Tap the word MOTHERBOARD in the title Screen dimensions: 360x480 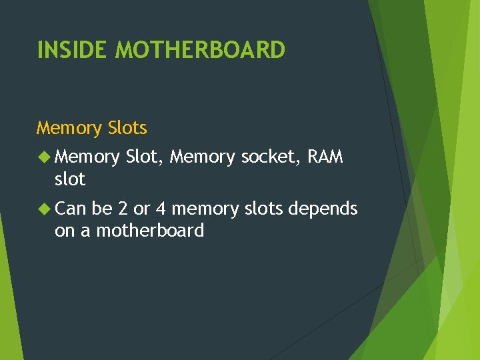(x=200, y=49)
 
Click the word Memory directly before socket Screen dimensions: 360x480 (x=202, y=158)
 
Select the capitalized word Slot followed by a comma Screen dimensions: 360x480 (x=145, y=158)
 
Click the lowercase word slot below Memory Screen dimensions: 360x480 (x=70, y=179)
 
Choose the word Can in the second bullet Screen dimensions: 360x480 (x=71, y=209)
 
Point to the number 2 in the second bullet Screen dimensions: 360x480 (x=123, y=209)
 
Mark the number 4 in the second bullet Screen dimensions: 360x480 (x=161, y=209)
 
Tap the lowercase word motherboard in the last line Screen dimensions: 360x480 (x=150, y=231)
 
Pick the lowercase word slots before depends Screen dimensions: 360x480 (x=265, y=209)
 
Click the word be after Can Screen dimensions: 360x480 (x=101, y=209)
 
